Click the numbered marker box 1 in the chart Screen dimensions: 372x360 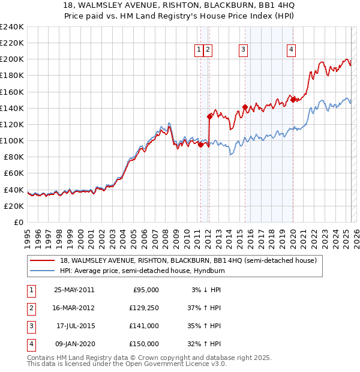tap(198, 50)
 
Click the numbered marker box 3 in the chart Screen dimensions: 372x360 tap(244, 50)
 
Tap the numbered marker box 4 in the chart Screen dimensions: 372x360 tap(291, 50)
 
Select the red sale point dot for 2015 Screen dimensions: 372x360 tap(245, 107)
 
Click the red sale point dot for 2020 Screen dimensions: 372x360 tap(293, 100)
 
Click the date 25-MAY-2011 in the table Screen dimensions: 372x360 tap(74, 290)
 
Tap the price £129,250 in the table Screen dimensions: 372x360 tap(143, 308)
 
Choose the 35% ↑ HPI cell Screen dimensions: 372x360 tap(205, 326)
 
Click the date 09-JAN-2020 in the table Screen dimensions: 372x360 tap(74, 344)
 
